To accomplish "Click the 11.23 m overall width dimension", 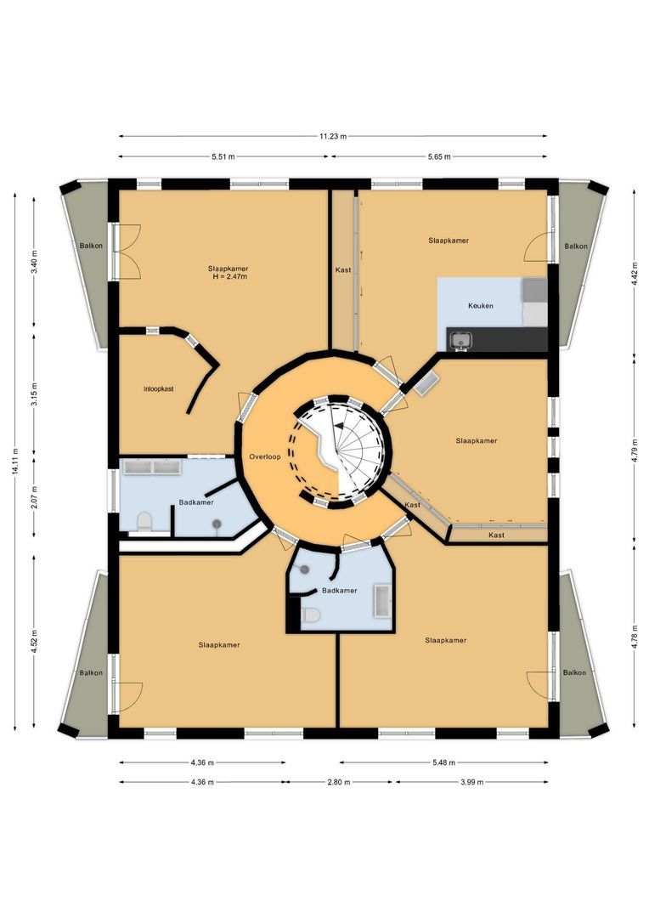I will click(333, 136).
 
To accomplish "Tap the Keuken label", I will click(480, 305).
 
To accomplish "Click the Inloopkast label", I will click(159, 388).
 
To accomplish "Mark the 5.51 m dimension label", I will click(223, 156).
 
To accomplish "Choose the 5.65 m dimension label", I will click(438, 156).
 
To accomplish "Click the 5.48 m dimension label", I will click(443, 762).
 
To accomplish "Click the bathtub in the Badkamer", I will click(381, 602).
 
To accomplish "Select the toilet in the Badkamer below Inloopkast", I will click(144, 521).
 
